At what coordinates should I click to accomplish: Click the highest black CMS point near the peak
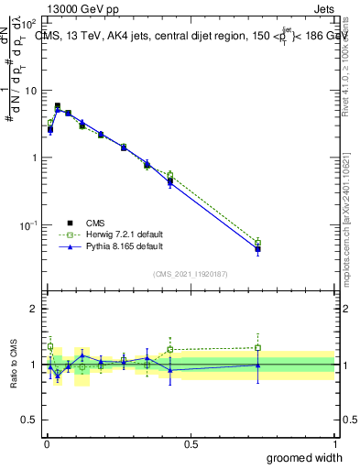[58, 106]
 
